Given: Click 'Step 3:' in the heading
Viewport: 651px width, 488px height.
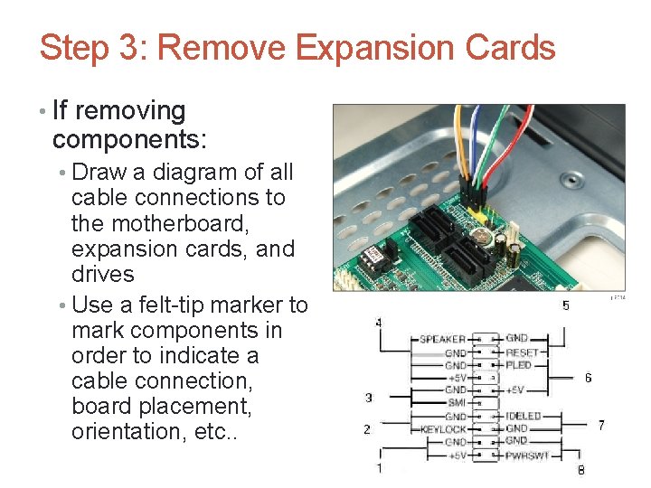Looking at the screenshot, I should [94, 47].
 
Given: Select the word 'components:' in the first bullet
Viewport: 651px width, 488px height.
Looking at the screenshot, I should [129, 139].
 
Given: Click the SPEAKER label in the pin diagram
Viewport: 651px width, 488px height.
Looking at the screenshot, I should [442, 340].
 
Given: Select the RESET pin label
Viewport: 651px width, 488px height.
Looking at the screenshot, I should [522, 352].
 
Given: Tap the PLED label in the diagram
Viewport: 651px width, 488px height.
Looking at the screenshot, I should [519, 365].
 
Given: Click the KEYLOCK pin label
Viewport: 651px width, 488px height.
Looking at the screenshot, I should [443, 428].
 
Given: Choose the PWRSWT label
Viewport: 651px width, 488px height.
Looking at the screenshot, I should [526, 455].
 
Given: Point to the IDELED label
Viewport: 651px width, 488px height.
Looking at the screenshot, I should [524, 416].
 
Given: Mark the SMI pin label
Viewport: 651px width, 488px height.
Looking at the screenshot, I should [457, 403].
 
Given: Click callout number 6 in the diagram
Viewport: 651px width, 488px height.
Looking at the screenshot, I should [589, 378].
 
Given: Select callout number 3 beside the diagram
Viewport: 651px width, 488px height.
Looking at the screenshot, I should [368, 398].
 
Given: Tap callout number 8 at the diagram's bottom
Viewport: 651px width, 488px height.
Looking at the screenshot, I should [580, 470].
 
